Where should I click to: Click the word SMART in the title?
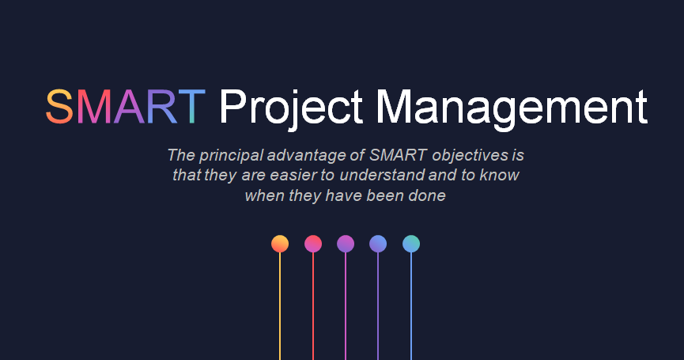(x=126, y=107)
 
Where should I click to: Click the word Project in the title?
(x=291, y=109)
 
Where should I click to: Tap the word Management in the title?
(x=512, y=109)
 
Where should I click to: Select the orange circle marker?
(x=280, y=244)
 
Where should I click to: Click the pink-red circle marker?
(x=313, y=244)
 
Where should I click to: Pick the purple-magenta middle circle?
(x=346, y=244)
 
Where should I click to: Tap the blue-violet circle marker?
(x=378, y=244)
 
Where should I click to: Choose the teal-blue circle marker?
(x=411, y=244)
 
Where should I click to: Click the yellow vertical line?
(x=280, y=306)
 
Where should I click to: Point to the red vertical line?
(x=313, y=306)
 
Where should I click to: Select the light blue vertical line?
(x=411, y=306)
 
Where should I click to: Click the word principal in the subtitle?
(x=232, y=156)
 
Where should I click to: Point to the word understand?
(x=381, y=175)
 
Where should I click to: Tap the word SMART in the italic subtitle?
(x=398, y=155)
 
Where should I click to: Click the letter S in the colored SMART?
(x=59, y=107)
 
